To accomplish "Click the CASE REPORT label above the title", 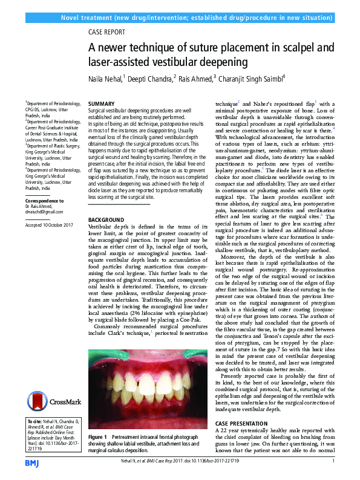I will pos(107,32).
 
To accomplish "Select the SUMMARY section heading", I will pos(100,104).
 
